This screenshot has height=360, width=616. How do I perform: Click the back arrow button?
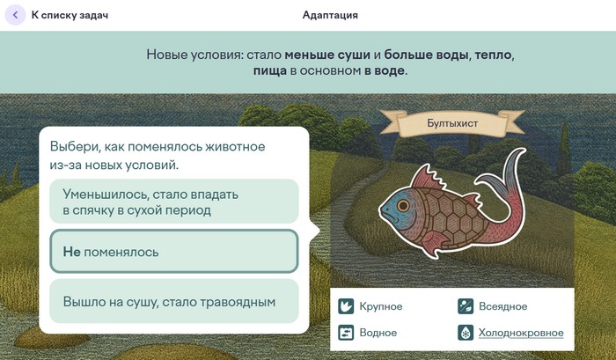15,15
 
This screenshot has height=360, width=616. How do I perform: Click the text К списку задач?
70,15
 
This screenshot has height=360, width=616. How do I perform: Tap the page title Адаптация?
330,15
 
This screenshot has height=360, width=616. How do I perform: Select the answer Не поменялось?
174,251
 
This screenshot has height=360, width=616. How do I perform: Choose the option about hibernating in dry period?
174,202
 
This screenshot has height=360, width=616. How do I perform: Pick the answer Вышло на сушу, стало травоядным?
174,301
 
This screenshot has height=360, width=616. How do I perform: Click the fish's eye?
403,205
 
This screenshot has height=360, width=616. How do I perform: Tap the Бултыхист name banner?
452,123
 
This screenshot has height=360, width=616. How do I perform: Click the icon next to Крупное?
346,306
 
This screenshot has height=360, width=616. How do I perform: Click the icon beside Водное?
346,333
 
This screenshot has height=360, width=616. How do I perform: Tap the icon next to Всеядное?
466,306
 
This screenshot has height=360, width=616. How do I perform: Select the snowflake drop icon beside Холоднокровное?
466,333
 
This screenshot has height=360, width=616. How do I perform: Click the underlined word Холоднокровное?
521,333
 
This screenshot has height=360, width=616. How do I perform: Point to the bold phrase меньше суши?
327,55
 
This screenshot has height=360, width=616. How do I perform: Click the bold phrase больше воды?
427,55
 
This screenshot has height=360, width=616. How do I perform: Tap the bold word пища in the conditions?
270,71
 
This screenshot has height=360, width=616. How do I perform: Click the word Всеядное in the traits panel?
502,306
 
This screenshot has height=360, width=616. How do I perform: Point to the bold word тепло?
494,55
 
